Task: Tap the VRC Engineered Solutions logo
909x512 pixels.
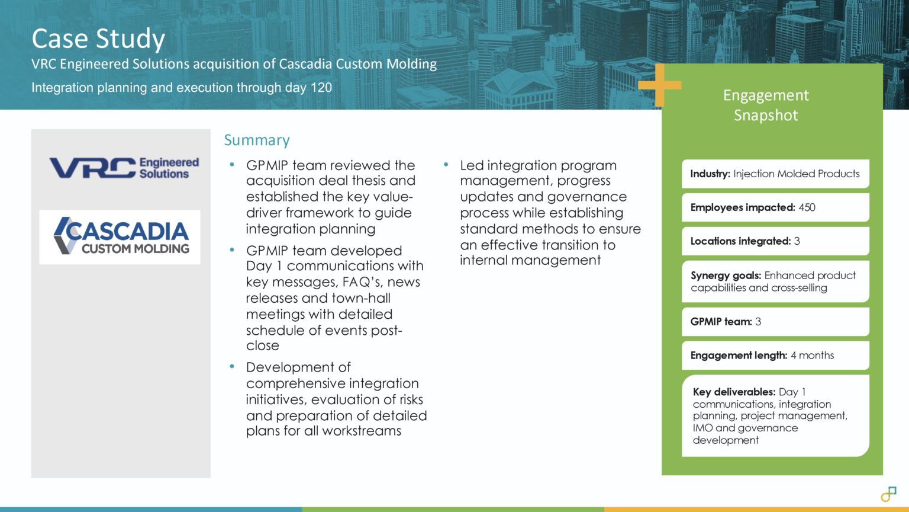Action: click(124, 168)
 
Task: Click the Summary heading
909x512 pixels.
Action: click(257, 140)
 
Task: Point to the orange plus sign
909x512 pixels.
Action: click(659, 85)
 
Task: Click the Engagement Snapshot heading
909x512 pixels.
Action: click(766, 105)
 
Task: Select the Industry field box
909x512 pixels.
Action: click(775, 174)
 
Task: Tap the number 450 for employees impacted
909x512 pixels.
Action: click(807, 207)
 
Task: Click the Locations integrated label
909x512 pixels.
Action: click(740, 241)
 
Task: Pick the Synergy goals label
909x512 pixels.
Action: click(726, 276)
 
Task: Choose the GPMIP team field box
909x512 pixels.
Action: click(775, 322)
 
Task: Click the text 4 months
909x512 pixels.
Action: click(813, 356)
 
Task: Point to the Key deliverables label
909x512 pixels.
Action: click(734, 392)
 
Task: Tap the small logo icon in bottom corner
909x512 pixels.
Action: click(888, 494)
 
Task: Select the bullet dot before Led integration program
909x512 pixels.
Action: click(446, 165)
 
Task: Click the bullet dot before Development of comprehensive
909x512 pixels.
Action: click(232, 367)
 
